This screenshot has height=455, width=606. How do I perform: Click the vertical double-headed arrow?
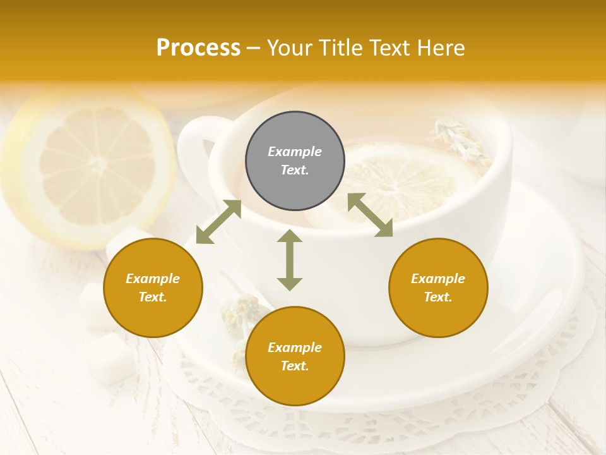pyautogui.click(x=290, y=260)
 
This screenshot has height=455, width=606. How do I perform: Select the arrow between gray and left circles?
pyautogui.click(x=218, y=222)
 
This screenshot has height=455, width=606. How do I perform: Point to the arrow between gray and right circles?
pyautogui.click(x=371, y=215)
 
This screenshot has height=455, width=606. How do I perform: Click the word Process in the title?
pyautogui.click(x=198, y=47)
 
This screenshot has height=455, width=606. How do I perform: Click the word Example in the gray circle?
pyautogui.click(x=295, y=152)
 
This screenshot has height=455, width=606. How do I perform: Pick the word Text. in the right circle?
pyautogui.click(x=438, y=297)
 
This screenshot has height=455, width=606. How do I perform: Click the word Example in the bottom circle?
pyautogui.click(x=295, y=348)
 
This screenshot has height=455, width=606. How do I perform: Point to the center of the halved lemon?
pyautogui.click(x=98, y=166)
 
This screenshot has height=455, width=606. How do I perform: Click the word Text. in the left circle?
pyautogui.click(x=153, y=297)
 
